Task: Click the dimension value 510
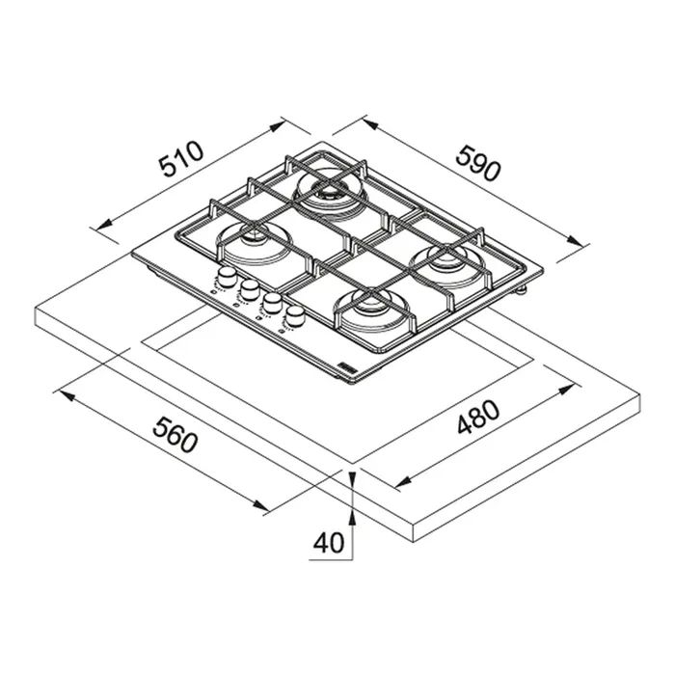pos(181,158)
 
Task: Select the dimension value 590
pos(478,163)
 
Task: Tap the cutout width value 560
pos(175,435)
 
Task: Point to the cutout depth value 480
pos(478,417)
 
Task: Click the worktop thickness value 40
pos(329,543)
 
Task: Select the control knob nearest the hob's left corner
pos(226,277)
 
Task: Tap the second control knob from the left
pos(250,289)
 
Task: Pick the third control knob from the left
pos(273,303)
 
